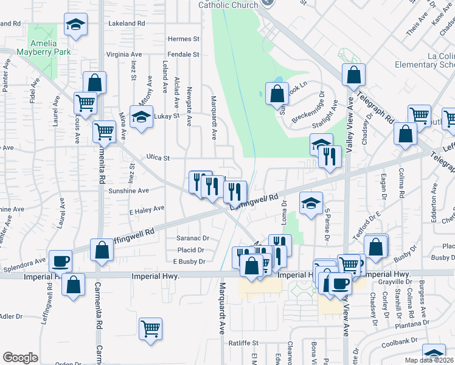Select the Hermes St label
(183, 39)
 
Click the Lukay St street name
(167, 116)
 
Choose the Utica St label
(157, 158)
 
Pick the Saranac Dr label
(192, 238)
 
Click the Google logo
(20, 358)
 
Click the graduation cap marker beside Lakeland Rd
(75, 25)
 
